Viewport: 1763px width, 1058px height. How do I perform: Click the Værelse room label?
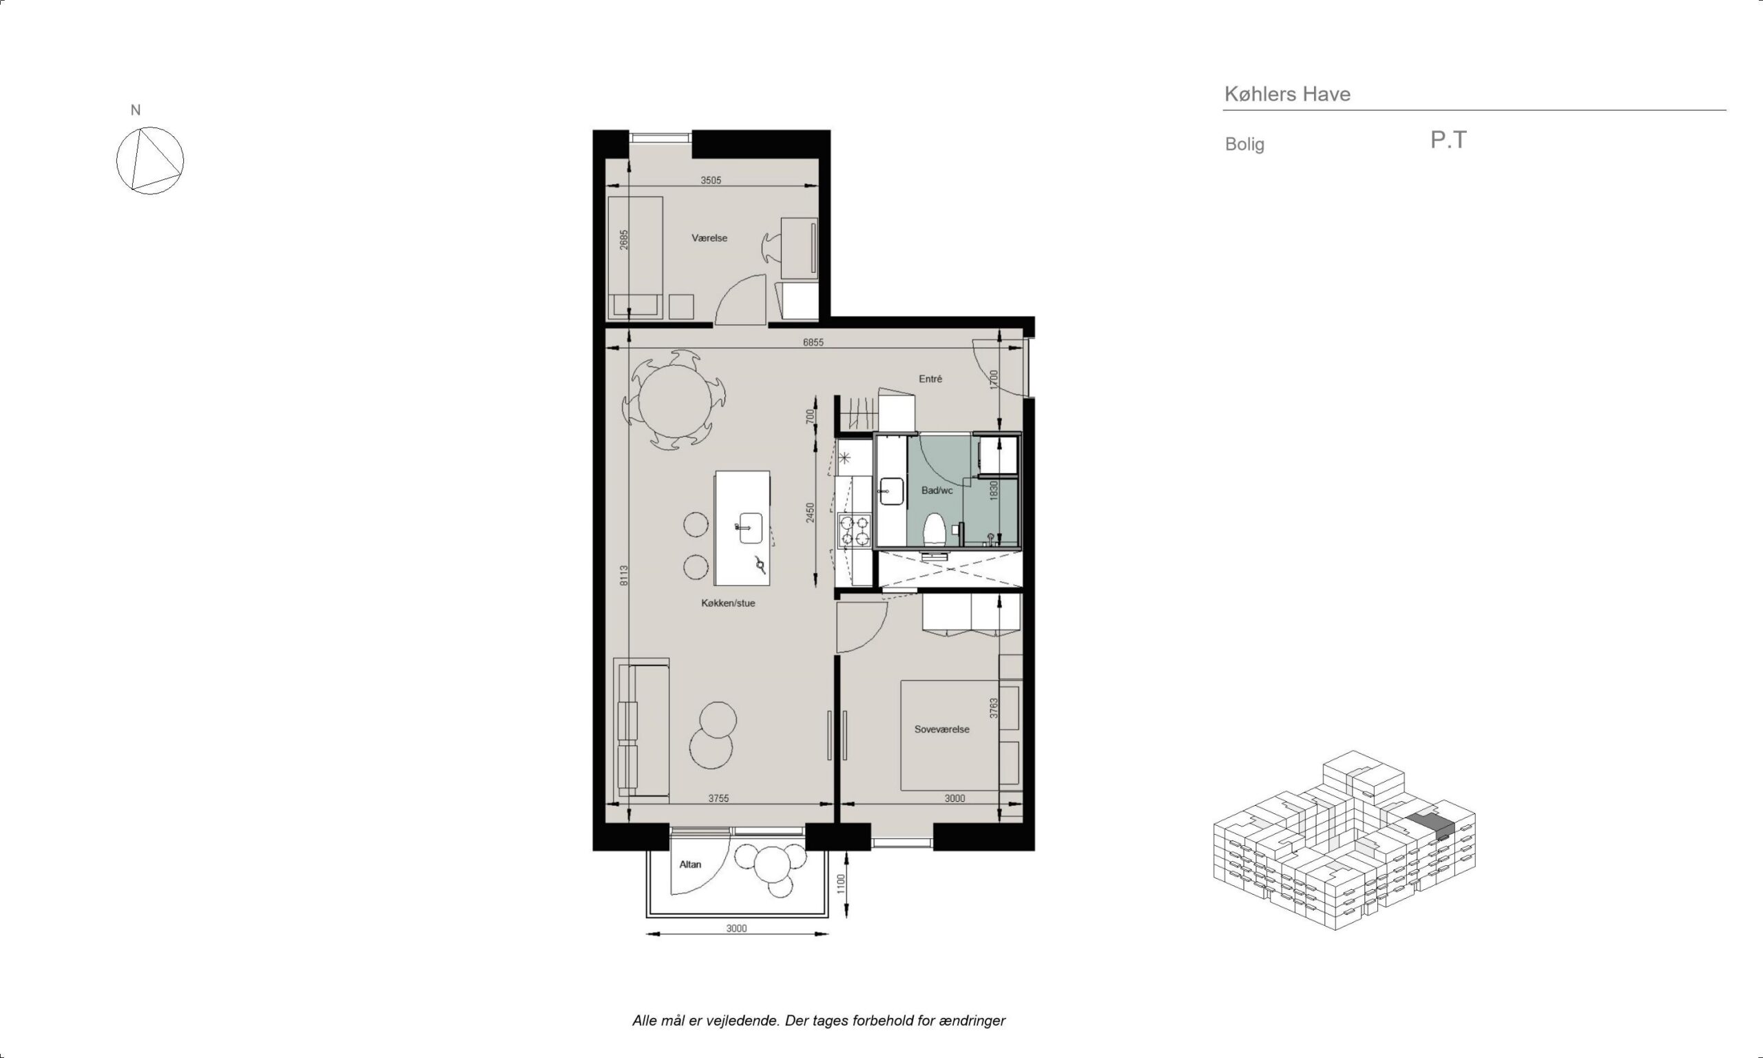pyautogui.click(x=709, y=238)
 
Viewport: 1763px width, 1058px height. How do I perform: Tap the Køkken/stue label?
pyautogui.click(x=727, y=603)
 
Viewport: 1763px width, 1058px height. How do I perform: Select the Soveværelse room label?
pyautogui.click(x=941, y=729)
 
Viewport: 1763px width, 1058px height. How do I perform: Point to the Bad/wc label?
pyautogui.click(x=937, y=490)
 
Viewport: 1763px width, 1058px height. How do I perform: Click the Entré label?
pyautogui.click(x=930, y=380)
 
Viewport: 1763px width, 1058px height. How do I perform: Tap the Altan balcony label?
pyautogui.click(x=690, y=865)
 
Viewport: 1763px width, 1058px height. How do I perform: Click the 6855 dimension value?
pyautogui.click(x=813, y=342)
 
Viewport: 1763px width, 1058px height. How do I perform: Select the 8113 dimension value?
pyautogui.click(x=623, y=575)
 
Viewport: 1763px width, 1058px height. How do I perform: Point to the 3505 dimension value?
pyautogui.click(x=711, y=180)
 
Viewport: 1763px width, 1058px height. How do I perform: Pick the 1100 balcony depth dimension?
pyautogui.click(x=841, y=884)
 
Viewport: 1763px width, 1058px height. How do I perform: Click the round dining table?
pyautogui.click(x=675, y=401)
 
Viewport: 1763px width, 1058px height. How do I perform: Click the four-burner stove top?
pyautogui.click(x=855, y=530)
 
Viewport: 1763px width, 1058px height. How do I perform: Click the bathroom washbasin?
pyautogui.click(x=890, y=491)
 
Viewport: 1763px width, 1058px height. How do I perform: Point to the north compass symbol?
pyautogui.click(x=149, y=160)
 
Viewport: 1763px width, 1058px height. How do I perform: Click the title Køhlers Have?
pyautogui.click(x=1287, y=94)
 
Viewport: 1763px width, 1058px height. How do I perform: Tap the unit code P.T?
pyautogui.click(x=1448, y=140)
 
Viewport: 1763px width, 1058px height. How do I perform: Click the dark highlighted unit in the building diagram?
pyautogui.click(x=1430, y=824)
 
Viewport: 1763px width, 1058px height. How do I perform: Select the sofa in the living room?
pyautogui.click(x=641, y=728)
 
